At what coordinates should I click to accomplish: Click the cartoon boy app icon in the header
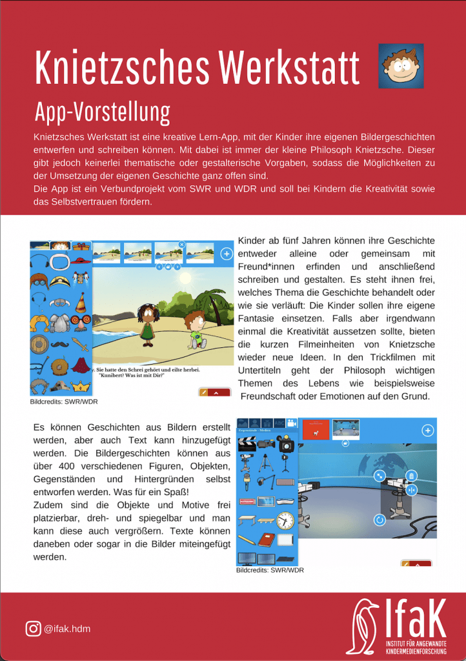401,65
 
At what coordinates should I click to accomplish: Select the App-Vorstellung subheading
102,112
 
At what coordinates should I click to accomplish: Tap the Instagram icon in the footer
32,628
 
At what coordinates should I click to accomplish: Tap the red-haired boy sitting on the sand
195,329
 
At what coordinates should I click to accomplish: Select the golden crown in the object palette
79,385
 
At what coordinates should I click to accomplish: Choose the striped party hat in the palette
81,302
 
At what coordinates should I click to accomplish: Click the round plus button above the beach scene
227,254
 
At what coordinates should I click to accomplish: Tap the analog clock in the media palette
285,520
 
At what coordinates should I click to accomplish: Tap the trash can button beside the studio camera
410,476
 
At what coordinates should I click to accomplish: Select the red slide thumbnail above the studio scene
316,430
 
